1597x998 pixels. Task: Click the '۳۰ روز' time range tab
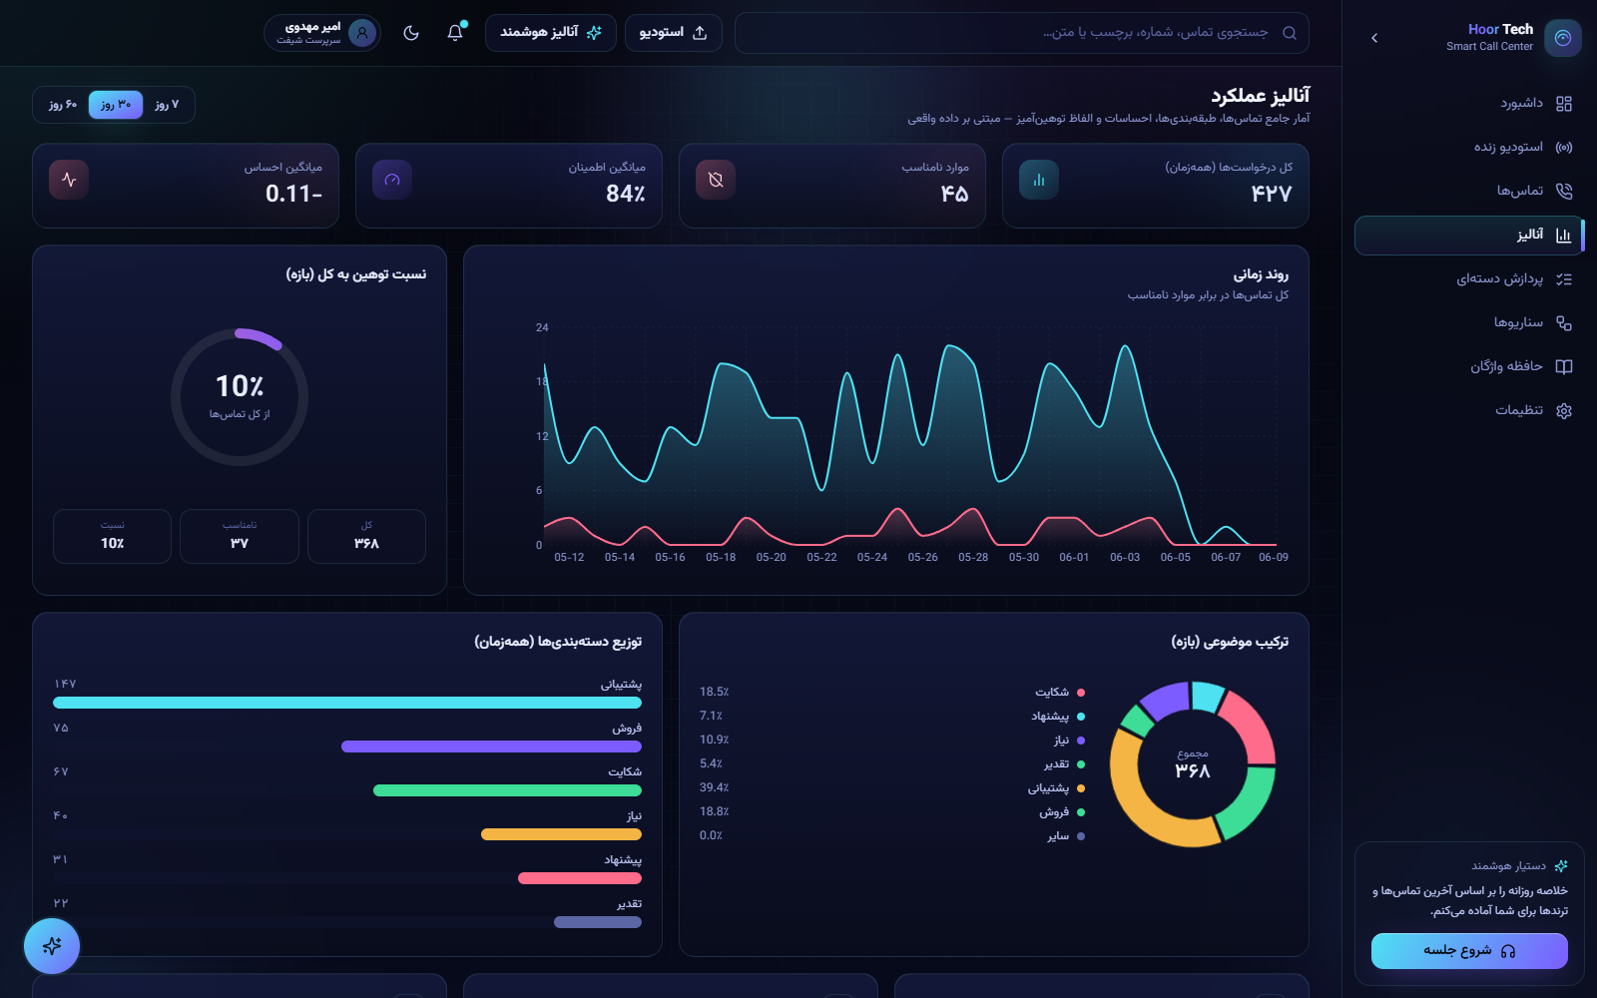coord(116,105)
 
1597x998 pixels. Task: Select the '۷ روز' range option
coord(167,105)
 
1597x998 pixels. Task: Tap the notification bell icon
coord(455,32)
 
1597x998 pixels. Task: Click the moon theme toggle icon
coord(410,33)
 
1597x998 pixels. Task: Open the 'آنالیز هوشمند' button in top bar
coord(550,33)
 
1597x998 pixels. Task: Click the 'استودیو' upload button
coord(673,33)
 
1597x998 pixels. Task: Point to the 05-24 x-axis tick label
coord(872,558)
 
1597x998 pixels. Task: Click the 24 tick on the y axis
coord(542,328)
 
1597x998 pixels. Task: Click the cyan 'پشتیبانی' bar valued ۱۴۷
coord(347,703)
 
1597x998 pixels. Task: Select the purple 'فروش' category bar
coord(491,747)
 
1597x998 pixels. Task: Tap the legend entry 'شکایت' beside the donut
coord(1059,693)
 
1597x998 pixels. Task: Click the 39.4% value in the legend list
coord(714,787)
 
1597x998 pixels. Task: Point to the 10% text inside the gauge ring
coord(240,386)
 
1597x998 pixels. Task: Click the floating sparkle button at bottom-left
coord(52,946)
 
